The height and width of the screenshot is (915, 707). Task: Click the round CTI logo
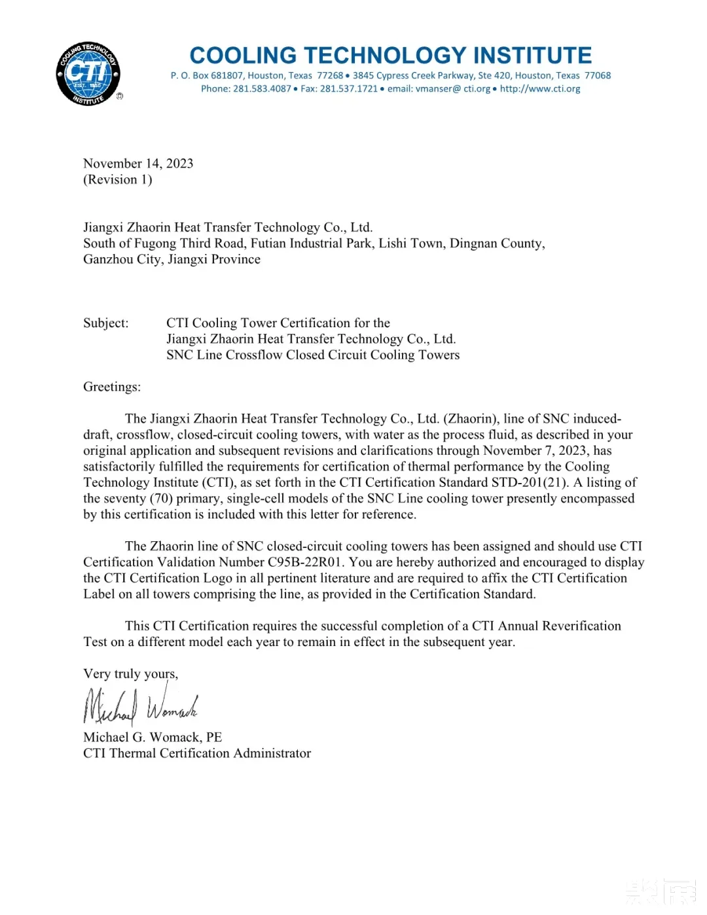[88, 74]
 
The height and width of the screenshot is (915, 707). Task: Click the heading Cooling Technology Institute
[391, 55]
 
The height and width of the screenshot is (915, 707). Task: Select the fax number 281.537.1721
[348, 89]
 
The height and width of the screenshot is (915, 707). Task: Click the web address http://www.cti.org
[540, 89]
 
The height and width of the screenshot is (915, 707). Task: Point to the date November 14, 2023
[138, 164]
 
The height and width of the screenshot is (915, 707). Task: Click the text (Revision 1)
[118, 180]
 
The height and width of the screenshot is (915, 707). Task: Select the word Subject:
[106, 323]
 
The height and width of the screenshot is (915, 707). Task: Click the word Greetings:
[112, 387]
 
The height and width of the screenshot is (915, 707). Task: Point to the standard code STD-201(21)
[530, 483]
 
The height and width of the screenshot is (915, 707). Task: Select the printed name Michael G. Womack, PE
[153, 738]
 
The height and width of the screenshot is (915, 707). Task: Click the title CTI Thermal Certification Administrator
[197, 753]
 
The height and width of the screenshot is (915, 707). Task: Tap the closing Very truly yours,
[130, 674]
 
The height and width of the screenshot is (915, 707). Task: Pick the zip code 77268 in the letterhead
[330, 76]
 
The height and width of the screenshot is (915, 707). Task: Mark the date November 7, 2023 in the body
[536, 451]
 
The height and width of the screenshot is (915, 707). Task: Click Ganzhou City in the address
[122, 260]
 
